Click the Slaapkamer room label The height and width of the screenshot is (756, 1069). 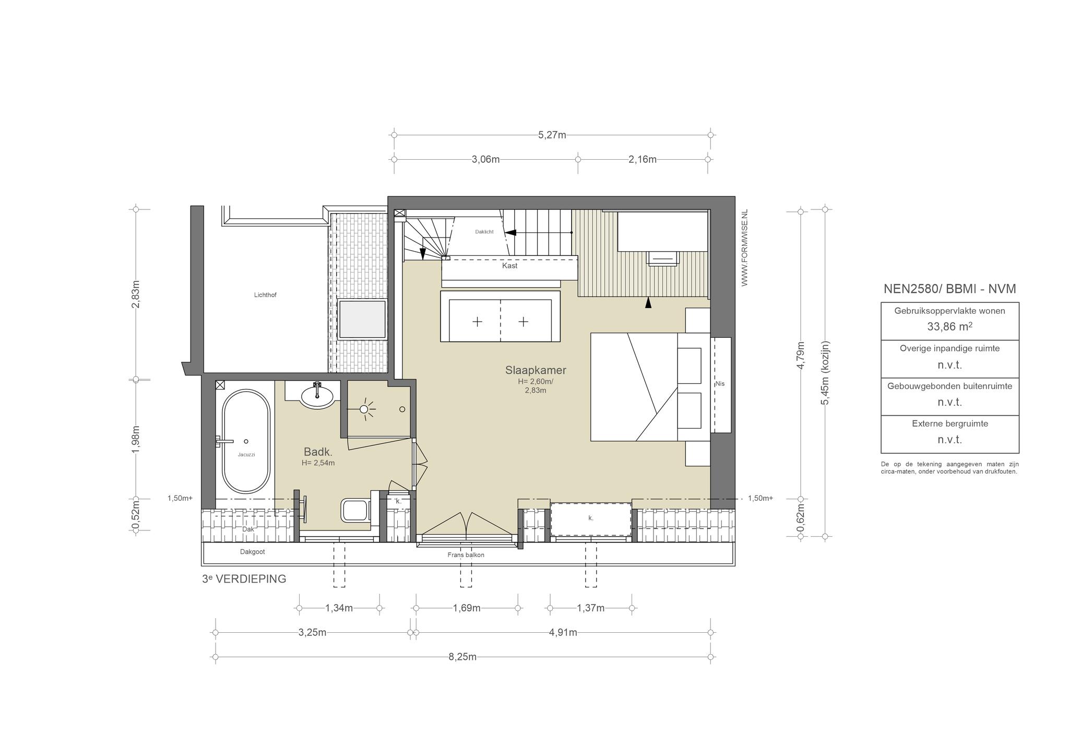tap(536, 370)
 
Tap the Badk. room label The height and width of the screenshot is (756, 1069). tap(318, 452)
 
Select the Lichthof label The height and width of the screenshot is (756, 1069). tap(265, 295)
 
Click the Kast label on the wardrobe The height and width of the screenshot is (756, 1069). tap(509, 266)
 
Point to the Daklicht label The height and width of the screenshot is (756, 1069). tap(484, 232)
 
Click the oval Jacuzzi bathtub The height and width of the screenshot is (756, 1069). tap(246, 442)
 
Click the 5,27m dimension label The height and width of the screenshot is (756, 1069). tap(552, 135)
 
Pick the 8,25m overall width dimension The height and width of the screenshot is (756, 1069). tap(462, 657)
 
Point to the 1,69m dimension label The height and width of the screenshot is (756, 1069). tap(467, 608)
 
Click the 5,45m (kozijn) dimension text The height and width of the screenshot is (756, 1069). tap(825, 372)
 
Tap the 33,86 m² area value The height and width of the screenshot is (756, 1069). tap(949, 327)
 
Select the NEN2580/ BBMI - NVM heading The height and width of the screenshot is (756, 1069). tap(949, 289)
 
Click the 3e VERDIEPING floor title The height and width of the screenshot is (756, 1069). tap(244, 578)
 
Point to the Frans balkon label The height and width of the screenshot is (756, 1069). tap(466, 555)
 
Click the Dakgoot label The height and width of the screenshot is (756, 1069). tap(253, 552)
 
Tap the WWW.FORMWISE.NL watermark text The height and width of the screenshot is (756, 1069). tap(744, 248)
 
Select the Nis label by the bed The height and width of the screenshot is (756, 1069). tap(720, 384)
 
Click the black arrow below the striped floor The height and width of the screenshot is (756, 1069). tap(648, 303)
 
